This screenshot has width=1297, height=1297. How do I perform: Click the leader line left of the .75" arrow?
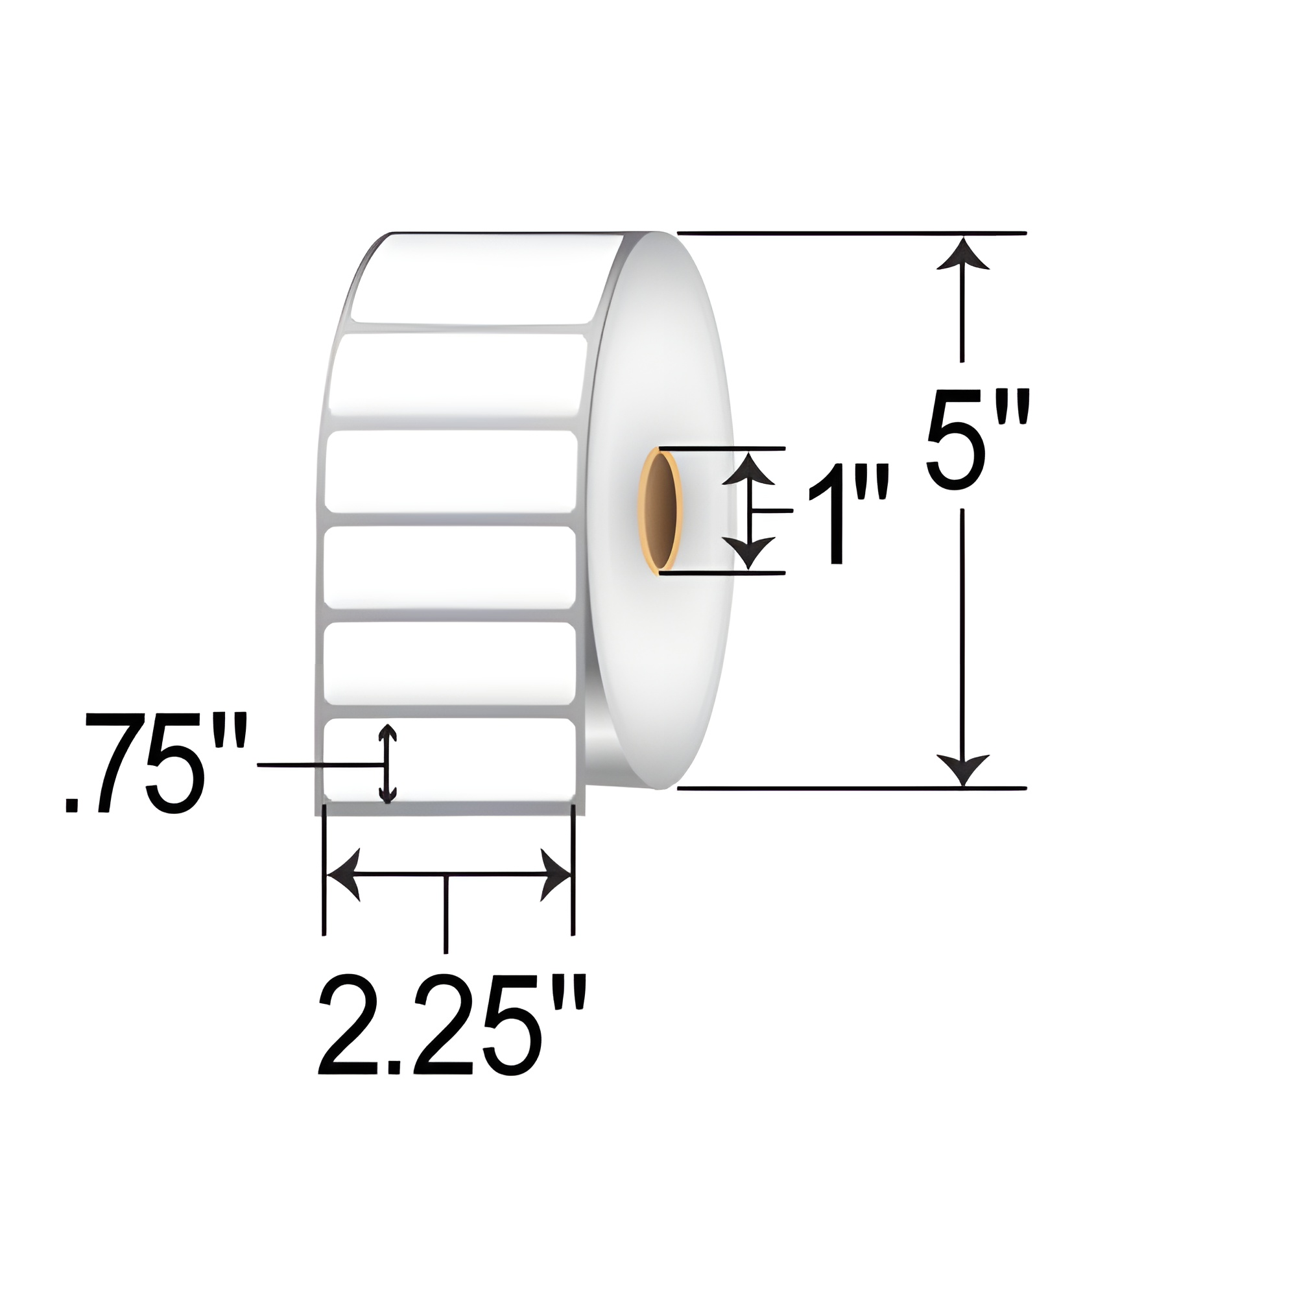(316, 764)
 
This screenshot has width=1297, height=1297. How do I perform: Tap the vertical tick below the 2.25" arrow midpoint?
(445, 913)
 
